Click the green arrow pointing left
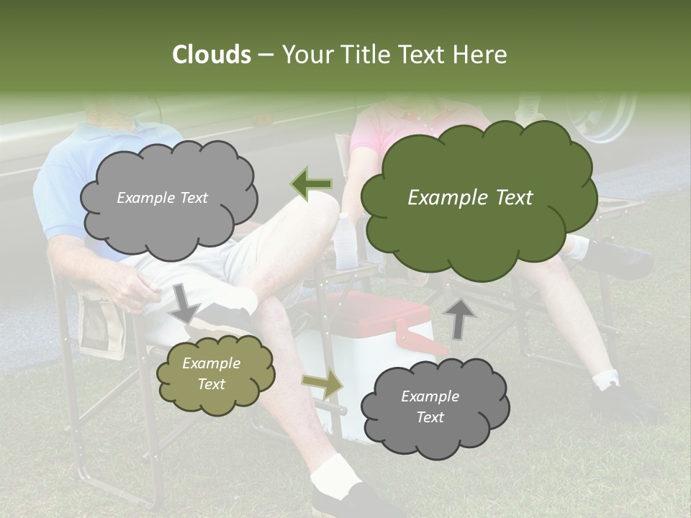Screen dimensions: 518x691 click(x=312, y=183)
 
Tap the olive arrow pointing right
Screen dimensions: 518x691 click(x=322, y=384)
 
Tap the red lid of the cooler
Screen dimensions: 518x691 click(x=374, y=309)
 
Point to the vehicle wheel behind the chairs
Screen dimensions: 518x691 click(x=601, y=115)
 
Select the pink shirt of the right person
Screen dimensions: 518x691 click(x=374, y=129)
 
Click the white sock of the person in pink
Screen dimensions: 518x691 click(x=605, y=379)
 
